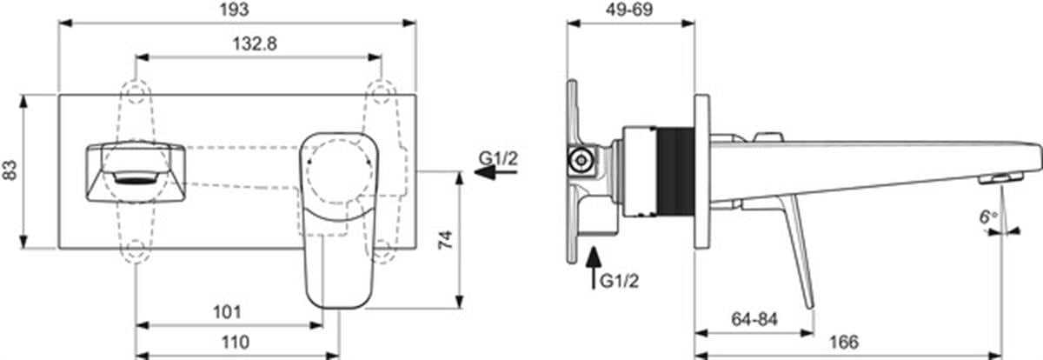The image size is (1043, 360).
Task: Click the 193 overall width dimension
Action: click(234, 10)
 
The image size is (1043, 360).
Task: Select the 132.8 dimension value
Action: click(255, 44)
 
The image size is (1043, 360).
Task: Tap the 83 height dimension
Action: click(10, 170)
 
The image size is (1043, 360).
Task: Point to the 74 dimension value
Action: click(446, 240)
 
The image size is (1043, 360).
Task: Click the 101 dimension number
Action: click(227, 312)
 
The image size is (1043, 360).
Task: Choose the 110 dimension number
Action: click(236, 343)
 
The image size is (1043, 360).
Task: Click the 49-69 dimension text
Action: click(629, 10)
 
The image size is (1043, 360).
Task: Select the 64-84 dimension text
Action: click(754, 319)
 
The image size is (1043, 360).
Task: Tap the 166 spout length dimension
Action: click(844, 343)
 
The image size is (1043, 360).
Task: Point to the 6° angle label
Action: click(988, 217)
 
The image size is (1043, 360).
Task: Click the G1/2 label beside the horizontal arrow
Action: click(498, 159)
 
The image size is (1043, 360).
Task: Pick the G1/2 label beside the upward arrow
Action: click(619, 281)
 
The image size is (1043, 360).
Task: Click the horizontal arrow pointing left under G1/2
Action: click(495, 173)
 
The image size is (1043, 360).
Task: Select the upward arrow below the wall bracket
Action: click(593, 268)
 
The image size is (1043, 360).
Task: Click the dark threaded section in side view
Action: click(675, 172)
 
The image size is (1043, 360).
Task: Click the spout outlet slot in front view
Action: click(136, 177)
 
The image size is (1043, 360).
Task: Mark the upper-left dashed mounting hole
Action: click(136, 92)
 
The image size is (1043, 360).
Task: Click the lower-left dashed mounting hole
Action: click(136, 250)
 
